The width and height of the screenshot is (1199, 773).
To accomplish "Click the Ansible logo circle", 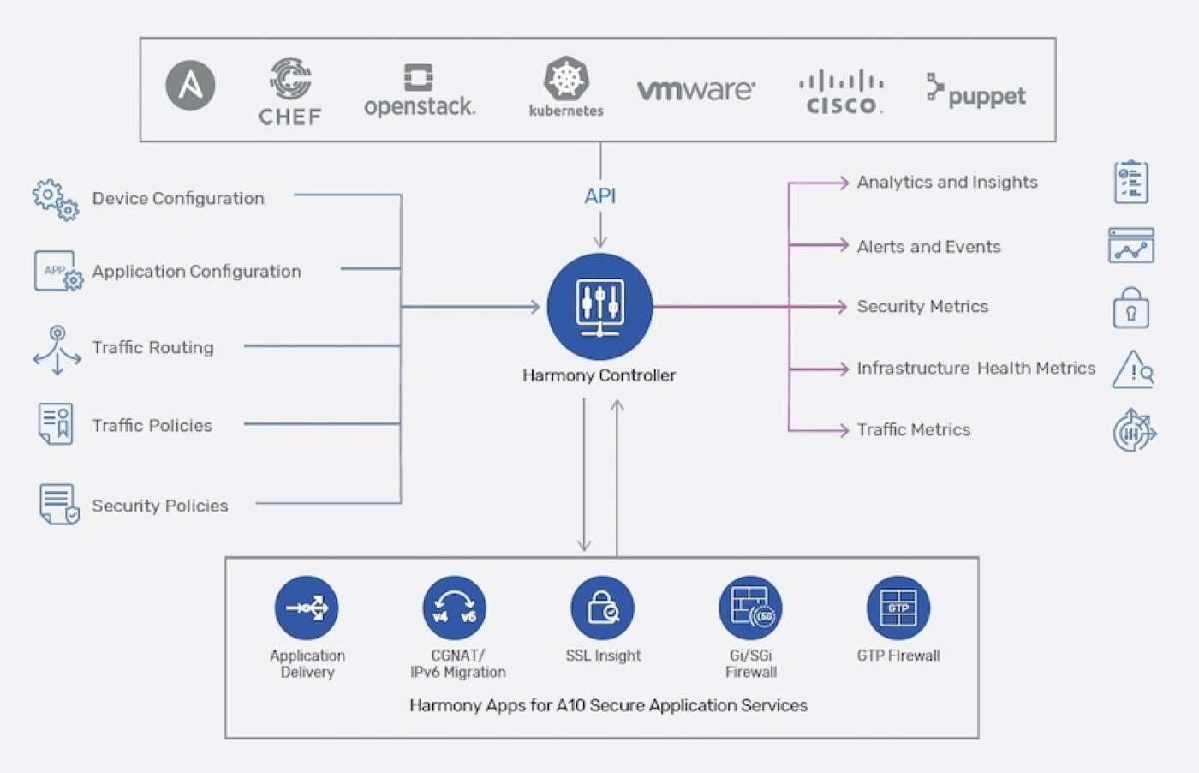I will click(190, 86).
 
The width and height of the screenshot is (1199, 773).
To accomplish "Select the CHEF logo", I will click(290, 92).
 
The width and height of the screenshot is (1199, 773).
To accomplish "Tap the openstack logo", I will click(419, 91).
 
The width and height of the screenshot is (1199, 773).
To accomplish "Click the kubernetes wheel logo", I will click(566, 80).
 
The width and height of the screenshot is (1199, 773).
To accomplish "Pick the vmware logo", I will click(695, 89).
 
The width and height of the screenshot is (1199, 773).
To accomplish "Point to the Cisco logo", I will click(841, 93).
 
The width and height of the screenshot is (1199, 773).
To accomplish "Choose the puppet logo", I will click(975, 92).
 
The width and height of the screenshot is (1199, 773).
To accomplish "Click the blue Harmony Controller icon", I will click(599, 306).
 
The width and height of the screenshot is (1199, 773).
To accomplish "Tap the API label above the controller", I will click(599, 196).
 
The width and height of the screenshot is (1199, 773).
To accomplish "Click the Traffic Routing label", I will click(153, 347).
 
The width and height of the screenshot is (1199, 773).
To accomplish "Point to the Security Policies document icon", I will click(58, 504).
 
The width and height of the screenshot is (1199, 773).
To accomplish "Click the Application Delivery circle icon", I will click(307, 608).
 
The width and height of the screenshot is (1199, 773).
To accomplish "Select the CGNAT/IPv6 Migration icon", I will click(455, 608).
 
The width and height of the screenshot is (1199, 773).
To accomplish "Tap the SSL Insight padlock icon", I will click(603, 608).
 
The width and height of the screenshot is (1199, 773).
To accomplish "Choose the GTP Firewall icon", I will click(898, 608).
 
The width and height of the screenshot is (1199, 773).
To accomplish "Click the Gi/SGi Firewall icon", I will click(751, 608).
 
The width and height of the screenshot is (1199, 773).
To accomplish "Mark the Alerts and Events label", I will click(928, 247).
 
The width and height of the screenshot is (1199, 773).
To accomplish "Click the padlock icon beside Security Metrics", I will click(1130, 308).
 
